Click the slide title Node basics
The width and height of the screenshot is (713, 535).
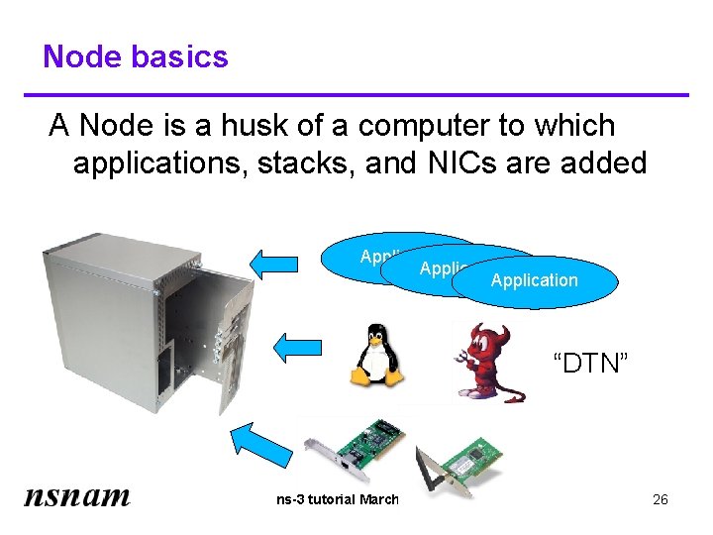136,56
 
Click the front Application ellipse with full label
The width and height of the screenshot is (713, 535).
535,280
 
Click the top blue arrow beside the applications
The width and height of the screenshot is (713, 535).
273,263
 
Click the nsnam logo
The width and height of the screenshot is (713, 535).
77,495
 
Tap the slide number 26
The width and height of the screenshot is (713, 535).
661,499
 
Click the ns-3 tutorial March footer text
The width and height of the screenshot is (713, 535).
337,499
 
